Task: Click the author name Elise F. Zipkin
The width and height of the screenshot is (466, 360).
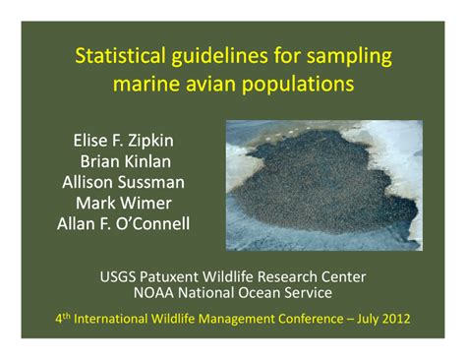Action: tap(123, 140)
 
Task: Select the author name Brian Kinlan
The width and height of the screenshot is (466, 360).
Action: tap(123, 160)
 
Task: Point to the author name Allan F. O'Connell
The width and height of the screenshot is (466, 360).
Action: tap(123, 223)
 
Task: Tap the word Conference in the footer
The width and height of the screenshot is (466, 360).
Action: tap(297, 319)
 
